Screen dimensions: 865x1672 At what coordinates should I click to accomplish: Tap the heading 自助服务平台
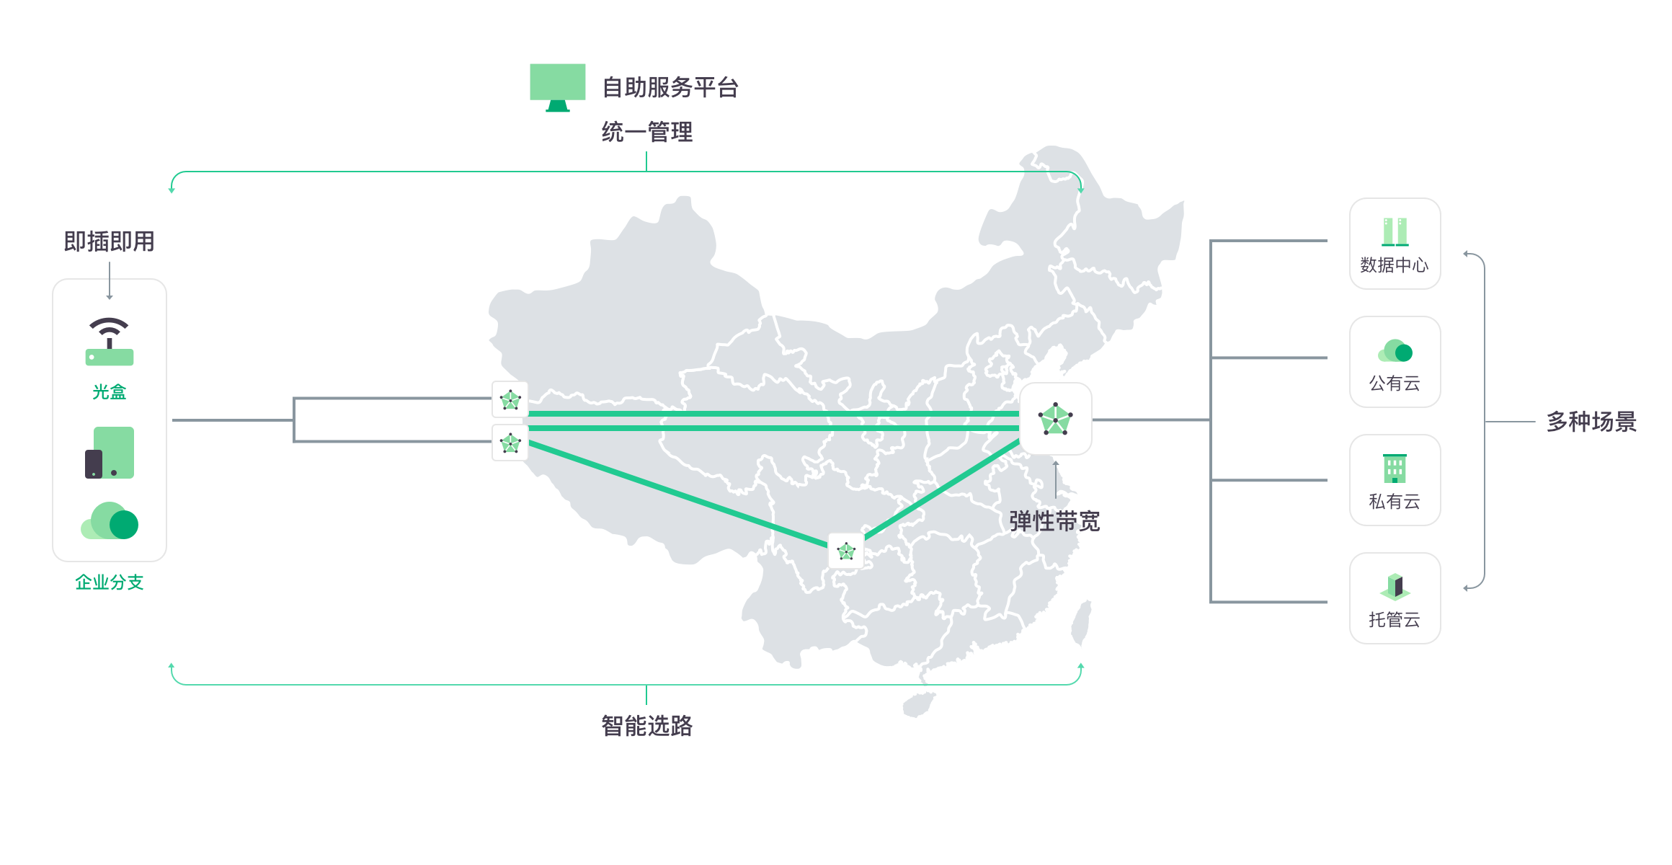point(670,87)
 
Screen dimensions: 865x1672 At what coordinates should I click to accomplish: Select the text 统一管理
point(647,132)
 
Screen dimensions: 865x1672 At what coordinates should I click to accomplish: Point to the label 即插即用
point(110,241)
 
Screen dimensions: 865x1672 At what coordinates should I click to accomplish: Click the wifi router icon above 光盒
point(110,342)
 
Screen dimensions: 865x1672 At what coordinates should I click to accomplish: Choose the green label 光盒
point(110,392)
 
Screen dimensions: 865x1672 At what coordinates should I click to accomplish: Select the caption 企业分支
point(110,582)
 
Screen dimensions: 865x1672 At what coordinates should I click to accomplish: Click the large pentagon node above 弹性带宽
point(1056,419)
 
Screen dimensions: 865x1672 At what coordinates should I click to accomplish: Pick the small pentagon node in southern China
point(846,551)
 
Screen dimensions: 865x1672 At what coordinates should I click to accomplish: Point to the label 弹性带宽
point(1054,521)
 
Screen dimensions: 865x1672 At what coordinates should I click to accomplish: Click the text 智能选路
point(647,726)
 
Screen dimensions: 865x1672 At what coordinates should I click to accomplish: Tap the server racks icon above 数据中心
point(1395,231)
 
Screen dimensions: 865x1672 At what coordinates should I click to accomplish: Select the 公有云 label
point(1395,383)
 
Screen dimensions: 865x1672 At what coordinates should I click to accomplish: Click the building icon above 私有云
point(1395,469)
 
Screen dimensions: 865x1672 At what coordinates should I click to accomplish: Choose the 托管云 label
point(1395,620)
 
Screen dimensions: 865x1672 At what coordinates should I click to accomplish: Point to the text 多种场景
point(1591,422)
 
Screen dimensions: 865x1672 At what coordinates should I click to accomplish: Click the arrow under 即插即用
point(110,282)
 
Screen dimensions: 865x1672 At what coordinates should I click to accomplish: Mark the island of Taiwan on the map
point(1080,624)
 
